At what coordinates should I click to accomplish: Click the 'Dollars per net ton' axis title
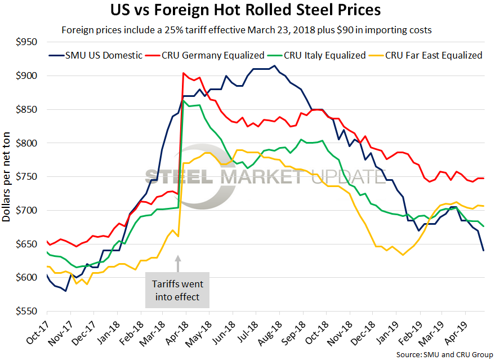tap(8, 176)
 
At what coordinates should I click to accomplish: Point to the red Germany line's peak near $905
tap(184, 73)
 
